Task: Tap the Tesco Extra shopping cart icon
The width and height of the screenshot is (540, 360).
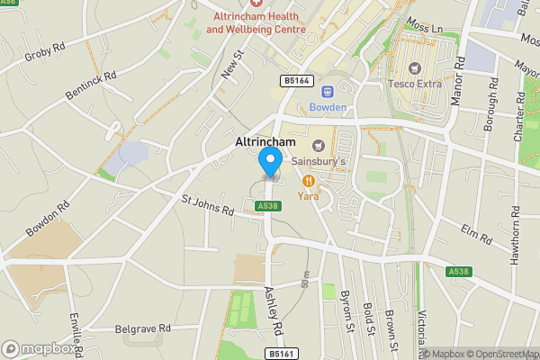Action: [x=414, y=68]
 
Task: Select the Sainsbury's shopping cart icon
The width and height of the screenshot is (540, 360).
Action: [x=317, y=146]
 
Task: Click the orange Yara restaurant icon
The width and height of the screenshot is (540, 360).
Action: [x=308, y=179]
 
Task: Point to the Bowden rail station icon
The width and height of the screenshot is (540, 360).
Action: [x=327, y=91]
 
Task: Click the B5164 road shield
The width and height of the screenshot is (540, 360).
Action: [x=296, y=81]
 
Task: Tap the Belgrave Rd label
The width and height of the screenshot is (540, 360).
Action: [x=143, y=329]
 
